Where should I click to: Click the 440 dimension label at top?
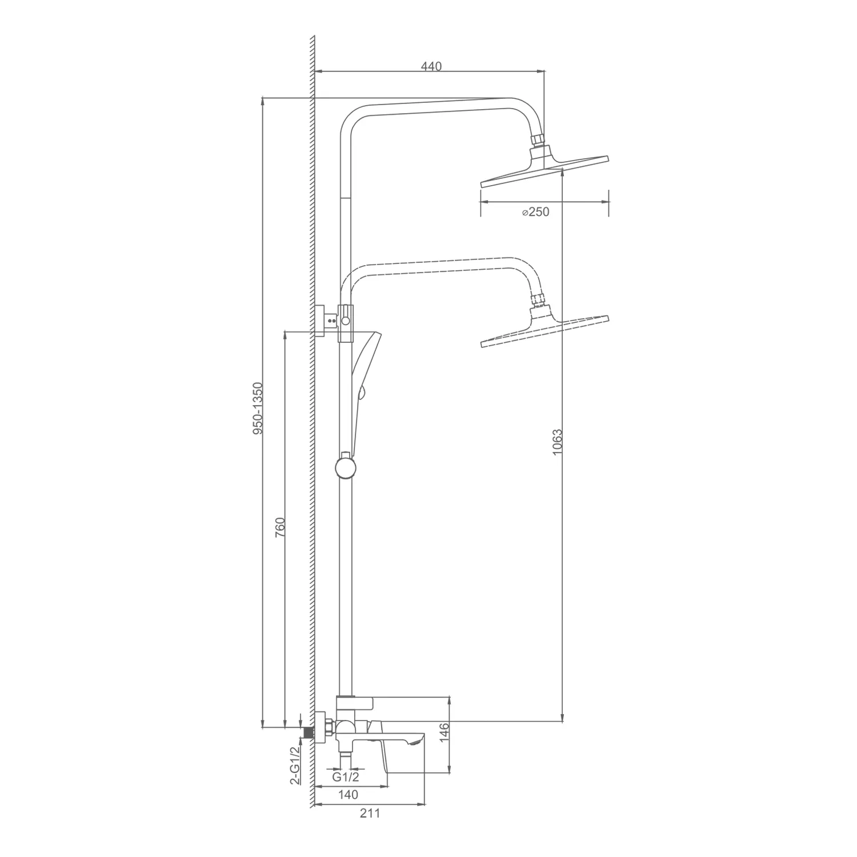click(x=431, y=66)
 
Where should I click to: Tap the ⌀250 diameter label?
click(x=535, y=212)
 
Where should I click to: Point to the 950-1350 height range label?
click(x=258, y=409)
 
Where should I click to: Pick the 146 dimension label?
click(x=446, y=732)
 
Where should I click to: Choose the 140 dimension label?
click(x=348, y=795)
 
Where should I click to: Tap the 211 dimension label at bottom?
click(x=370, y=814)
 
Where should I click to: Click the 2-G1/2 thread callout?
click(x=295, y=766)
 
